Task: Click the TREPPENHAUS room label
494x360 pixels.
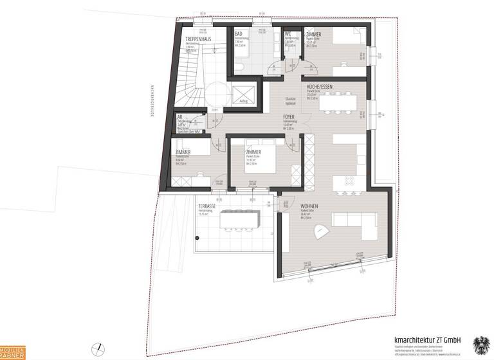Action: tap(194, 39)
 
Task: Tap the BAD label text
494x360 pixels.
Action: tap(238, 33)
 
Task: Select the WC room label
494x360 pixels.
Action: tap(288, 33)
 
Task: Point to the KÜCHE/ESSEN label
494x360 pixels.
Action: tap(320, 87)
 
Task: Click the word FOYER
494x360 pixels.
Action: tap(289, 117)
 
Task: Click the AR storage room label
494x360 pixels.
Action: tap(180, 118)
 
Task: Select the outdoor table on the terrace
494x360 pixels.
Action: tap(239, 221)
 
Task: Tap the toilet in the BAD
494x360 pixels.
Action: tap(239, 67)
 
